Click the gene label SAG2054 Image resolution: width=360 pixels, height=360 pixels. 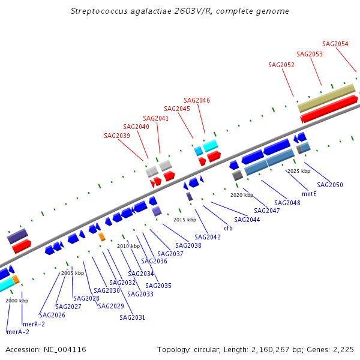click(335, 44)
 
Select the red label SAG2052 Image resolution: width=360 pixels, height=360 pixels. click(281, 65)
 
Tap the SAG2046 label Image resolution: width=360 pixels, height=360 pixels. click(196, 100)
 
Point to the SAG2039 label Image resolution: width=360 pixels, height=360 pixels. click(116, 136)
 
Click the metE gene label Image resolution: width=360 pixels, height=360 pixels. click(309, 194)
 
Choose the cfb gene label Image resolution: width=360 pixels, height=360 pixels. click(228, 228)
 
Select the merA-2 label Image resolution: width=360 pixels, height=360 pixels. click(17, 332)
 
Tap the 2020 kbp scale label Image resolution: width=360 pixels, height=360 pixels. click(242, 195)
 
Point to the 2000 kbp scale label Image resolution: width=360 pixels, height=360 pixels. click(17, 301)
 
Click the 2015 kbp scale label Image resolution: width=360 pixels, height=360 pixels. click(185, 220)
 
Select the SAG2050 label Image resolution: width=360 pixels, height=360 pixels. click(330, 185)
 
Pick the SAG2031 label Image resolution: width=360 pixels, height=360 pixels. click(132, 317)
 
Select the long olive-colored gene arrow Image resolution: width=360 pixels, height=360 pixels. click(326, 98)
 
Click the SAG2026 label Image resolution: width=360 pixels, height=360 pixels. click(52, 315)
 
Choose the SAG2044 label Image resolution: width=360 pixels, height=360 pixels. click(247, 220)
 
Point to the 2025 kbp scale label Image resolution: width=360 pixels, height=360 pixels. click(299, 171)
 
